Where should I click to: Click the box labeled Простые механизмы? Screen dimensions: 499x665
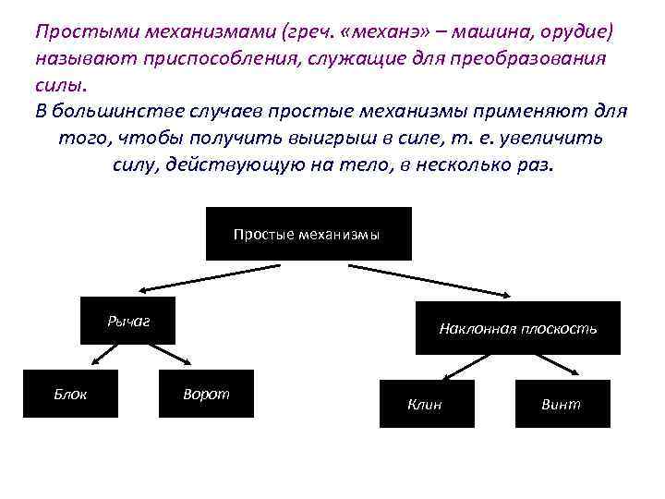pos(308,234)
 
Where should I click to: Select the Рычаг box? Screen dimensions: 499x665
pos(128,322)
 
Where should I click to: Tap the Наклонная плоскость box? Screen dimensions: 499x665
pos(517,328)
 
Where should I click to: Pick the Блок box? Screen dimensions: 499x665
pos(70,394)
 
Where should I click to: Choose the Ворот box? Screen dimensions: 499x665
pos(206,394)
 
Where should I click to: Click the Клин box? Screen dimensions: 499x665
pos(426,404)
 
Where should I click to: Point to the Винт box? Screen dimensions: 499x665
pos(562,404)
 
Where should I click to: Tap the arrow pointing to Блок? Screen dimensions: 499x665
pos(100,356)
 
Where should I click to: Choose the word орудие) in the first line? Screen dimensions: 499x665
pos(576,32)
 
